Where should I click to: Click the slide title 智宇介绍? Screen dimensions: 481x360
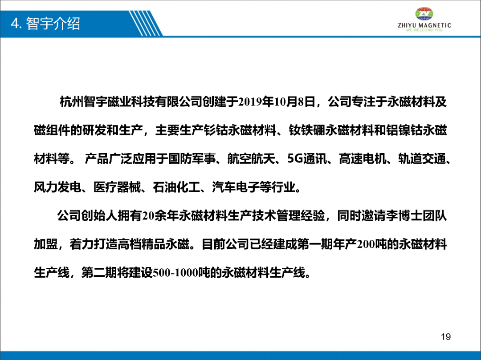pyautogui.click(x=53, y=24)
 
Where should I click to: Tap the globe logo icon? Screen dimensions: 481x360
pyautogui.click(x=424, y=14)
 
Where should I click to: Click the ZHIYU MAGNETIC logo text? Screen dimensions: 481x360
pyautogui.click(x=424, y=25)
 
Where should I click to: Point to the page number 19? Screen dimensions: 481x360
pyautogui.click(x=446, y=337)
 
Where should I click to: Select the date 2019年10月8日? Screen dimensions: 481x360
pyautogui.click(x=277, y=102)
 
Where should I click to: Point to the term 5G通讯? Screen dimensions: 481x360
pyautogui.click(x=307, y=159)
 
